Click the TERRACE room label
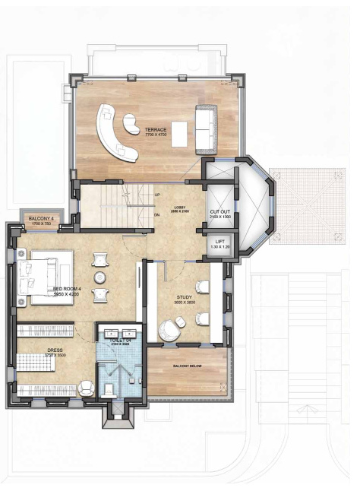click(x=156, y=130)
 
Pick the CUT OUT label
click(x=220, y=212)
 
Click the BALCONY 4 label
click(x=41, y=219)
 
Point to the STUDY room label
click(x=184, y=298)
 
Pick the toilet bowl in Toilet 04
click(x=109, y=391)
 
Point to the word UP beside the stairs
click(x=157, y=195)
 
